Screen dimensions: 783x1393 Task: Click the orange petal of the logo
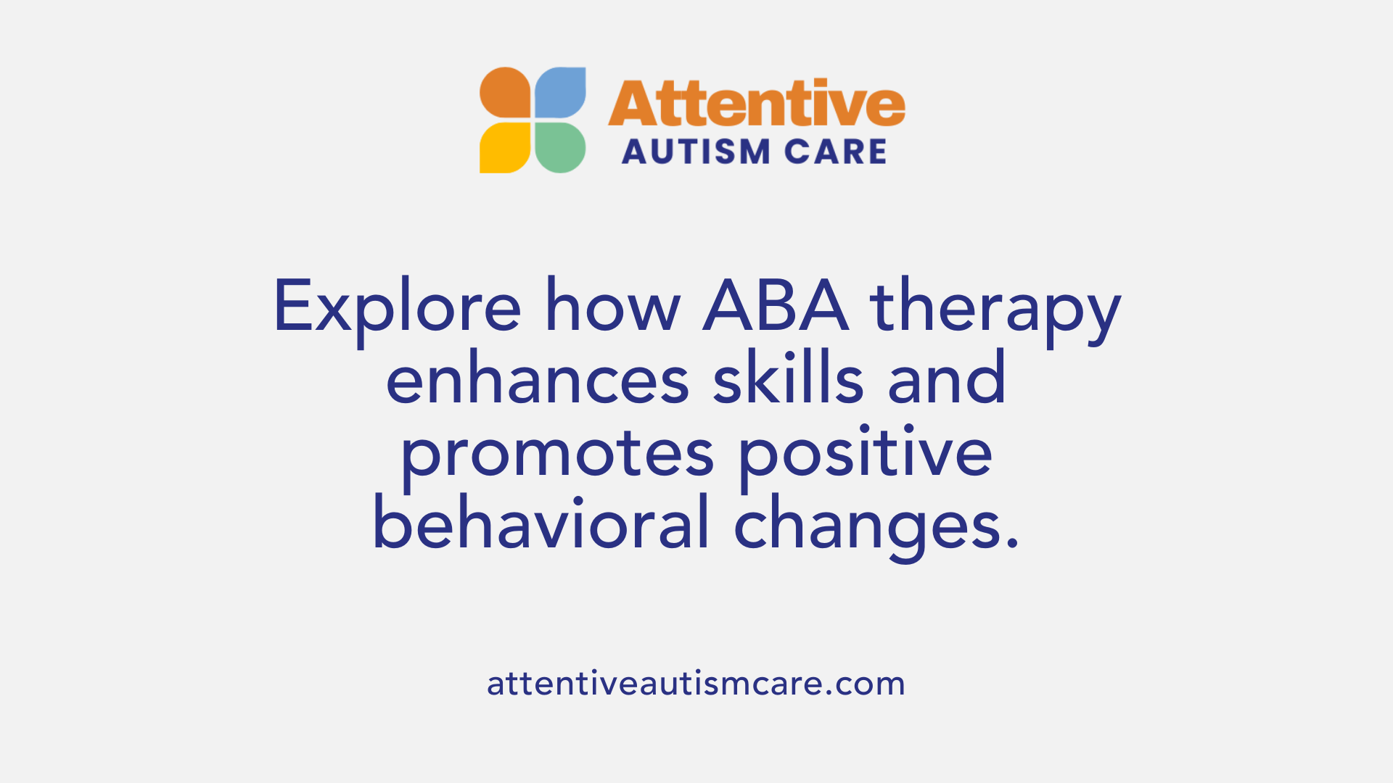click(x=506, y=93)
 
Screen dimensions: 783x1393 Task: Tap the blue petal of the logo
click(x=560, y=93)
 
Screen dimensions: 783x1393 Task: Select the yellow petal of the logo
click(x=506, y=148)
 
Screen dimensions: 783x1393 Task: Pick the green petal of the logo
click(x=560, y=148)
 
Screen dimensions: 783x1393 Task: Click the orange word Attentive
click(x=756, y=104)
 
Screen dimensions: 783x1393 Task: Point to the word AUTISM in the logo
click(x=686, y=152)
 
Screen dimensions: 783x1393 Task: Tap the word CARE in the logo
click(x=836, y=152)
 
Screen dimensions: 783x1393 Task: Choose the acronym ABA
click(x=776, y=306)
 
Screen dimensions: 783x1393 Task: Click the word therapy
click(x=995, y=310)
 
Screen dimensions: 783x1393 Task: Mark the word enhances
click(x=538, y=380)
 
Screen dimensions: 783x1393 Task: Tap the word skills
click(x=788, y=378)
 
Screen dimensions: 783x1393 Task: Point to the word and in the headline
click(x=947, y=378)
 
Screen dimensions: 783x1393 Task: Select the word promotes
click(x=558, y=455)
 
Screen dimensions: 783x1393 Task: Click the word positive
click(x=866, y=454)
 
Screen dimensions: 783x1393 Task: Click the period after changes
click(x=1014, y=542)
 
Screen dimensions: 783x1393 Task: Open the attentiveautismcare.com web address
click(x=696, y=684)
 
